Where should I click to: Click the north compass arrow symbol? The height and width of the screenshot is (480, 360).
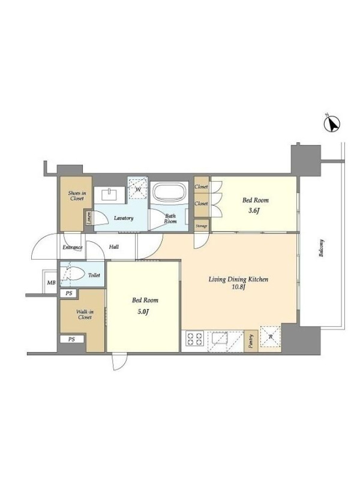tap(332, 124)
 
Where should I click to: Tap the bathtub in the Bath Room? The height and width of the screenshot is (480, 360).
tap(170, 193)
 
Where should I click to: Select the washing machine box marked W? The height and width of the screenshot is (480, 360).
tap(138, 189)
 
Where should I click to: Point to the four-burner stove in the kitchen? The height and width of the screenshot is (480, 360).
tap(195, 338)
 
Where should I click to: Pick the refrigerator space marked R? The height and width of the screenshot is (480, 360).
tap(271, 337)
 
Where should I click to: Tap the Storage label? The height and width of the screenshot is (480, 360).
tap(202, 226)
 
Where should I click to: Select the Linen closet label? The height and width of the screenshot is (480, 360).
tap(89, 218)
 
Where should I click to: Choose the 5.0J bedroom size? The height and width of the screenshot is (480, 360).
tap(143, 312)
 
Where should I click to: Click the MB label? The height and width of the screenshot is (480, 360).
tap(51, 283)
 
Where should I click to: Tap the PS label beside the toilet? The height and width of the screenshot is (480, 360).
tap(69, 293)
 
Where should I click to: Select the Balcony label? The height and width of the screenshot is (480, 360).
tap(321, 248)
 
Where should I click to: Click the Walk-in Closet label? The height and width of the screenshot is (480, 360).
tap(85, 314)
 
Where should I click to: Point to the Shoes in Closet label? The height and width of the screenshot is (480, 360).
tap(77, 196)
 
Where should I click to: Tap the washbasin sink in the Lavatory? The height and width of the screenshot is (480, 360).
tap(109, 194)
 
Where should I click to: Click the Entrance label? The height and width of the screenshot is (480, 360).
tap(73, 247)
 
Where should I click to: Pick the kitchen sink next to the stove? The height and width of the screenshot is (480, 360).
tap(218, 339)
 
